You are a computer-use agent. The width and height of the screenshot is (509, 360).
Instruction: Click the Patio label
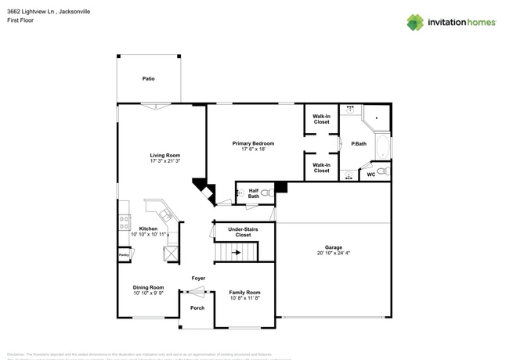tap(148, 79)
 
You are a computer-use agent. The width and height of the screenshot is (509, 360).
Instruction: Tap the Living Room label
tap(165, 155)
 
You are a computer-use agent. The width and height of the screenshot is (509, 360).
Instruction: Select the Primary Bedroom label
tap(253, 143)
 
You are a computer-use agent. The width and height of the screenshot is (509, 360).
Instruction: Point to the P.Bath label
tap(359, 143)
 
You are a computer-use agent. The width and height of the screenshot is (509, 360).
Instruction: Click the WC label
tap(370, 175)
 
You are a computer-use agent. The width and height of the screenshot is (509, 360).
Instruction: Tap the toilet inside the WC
tap(381, 171)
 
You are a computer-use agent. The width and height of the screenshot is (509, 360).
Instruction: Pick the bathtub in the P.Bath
tap(382, 146)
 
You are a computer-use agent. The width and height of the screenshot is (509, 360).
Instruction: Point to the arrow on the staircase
tap(236, 253)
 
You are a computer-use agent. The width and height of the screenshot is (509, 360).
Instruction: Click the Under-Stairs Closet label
tap(244, 232)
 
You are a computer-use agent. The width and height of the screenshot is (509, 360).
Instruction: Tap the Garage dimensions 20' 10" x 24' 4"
tap(333, 253)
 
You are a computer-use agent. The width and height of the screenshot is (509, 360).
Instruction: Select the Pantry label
tap(123, 255)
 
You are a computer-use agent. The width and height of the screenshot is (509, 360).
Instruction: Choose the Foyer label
tap(198, 278)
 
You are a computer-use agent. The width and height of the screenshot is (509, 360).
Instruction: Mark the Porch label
tap(197, 308)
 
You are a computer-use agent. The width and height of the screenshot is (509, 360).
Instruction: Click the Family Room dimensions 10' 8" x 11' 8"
tap(244, 297)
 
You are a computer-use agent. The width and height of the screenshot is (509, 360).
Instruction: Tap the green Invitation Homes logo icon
tap(415, 23)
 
